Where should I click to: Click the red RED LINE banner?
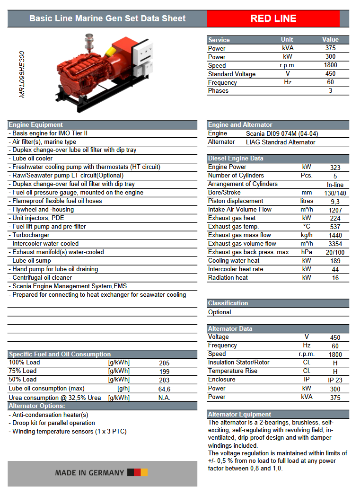click(x=273, y=19)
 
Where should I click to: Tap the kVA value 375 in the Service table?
click(x=330, y=48)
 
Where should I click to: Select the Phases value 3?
click(x=330, y=91)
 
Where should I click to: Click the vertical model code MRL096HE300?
click(x=22, y=75)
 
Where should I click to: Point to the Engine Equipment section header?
click(x=36, y=125)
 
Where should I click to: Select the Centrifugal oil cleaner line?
click(x=42, y=278)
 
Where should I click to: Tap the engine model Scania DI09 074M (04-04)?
click(x=282, y=133)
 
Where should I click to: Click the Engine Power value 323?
click(x=335, y=168)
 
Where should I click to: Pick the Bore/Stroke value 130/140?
click(x=335, y=193)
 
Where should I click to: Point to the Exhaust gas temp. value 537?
click(x=335, y=227)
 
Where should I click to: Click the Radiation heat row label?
click(x=228, y=278)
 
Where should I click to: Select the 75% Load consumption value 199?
click(x=164, y=372)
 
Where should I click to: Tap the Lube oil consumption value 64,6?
click(x=164, y=389)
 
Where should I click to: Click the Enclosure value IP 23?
click(x=335, y=380)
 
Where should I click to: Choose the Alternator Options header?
click(x=37, y=406)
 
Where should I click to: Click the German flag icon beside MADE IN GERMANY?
click(x=137, y=472)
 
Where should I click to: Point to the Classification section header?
click(x=228, y=303)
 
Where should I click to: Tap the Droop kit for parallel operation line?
click(x=53, y=423)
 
